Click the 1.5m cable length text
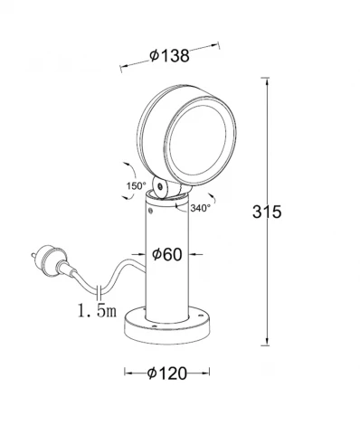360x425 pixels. tap(97, 311)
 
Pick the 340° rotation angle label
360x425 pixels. tap(201, 207)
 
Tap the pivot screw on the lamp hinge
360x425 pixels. tap(160, 187)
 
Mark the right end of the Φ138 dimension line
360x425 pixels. tap(221, 41)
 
